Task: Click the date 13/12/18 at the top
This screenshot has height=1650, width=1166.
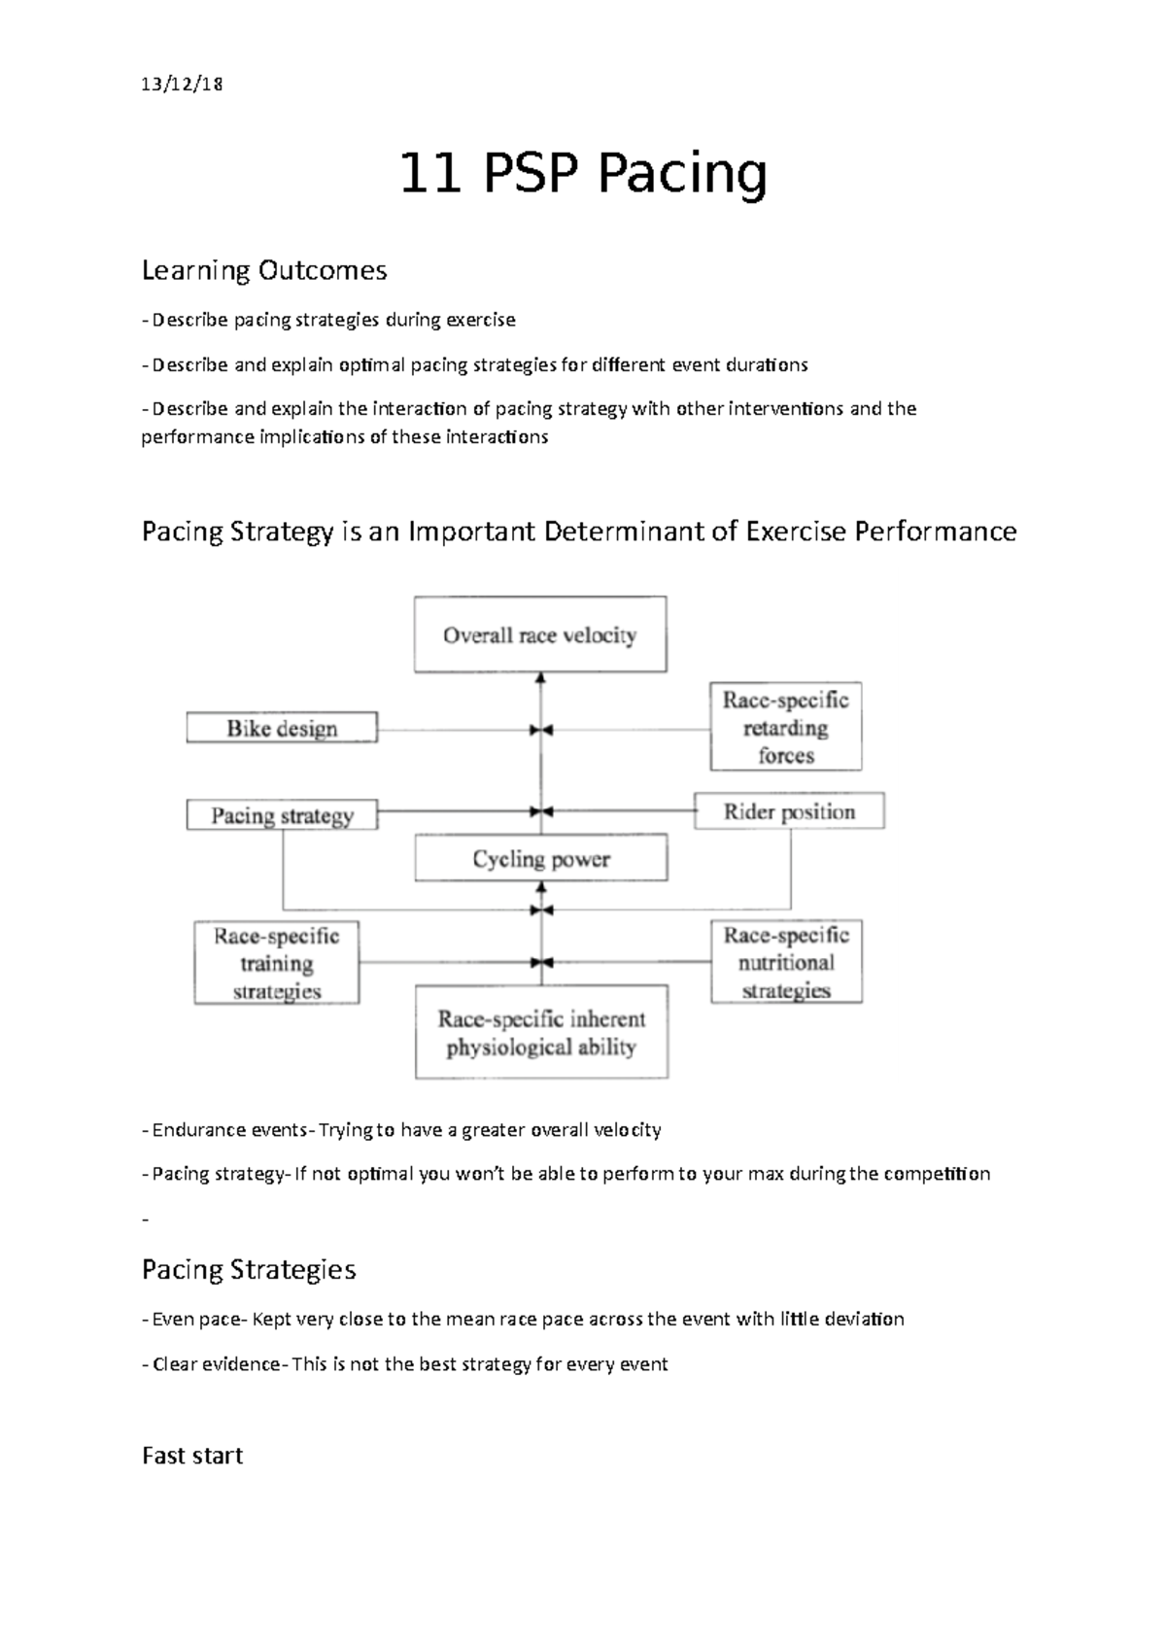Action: [x=182, y=85]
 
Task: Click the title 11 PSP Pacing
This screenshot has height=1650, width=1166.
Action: [x=583, y=175]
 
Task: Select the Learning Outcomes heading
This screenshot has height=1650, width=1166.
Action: [x=264, y=270]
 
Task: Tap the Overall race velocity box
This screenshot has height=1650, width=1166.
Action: [x=540, y=636]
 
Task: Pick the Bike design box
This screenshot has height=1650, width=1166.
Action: [x=282, y=729]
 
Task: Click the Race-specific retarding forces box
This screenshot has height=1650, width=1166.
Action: [x=785, y=728]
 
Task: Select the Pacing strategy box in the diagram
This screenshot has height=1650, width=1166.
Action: [x=282, y=815]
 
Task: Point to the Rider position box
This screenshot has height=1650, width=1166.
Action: [x=789, y=811]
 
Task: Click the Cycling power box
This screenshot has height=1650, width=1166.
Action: [x=541, y=859]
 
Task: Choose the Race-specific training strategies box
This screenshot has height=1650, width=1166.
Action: [x=277, y=963]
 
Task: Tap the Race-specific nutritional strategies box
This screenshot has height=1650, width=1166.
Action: [x=786, y=962]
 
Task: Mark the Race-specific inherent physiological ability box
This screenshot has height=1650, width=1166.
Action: [x=541, y=1033]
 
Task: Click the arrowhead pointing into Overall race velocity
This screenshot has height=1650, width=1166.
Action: [x=541, y=679]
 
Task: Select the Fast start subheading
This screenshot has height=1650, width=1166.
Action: [x=192, y=1456]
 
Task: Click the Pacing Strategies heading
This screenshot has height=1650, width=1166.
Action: [x=249, y=1270]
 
